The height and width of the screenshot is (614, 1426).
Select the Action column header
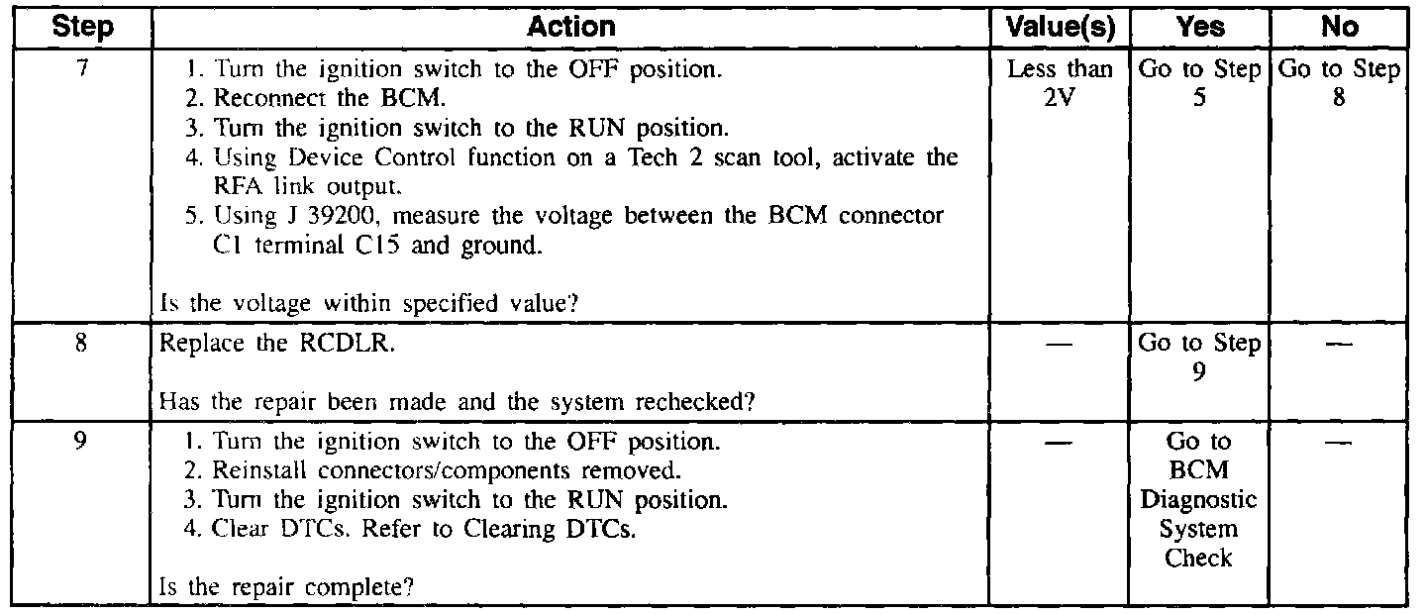[571, 28]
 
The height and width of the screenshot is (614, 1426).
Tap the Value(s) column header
[1060, 28]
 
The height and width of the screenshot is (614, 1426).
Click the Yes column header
[1200, 28]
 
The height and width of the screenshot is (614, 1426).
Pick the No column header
[1339, 28]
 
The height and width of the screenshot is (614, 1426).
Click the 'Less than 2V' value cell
[1060, 85]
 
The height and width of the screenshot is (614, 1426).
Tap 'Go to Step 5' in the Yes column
[1200, 85]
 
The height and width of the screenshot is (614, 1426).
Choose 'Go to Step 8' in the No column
[1339, 85]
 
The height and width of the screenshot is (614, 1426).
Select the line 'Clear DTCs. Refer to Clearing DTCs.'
[424, 529]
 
